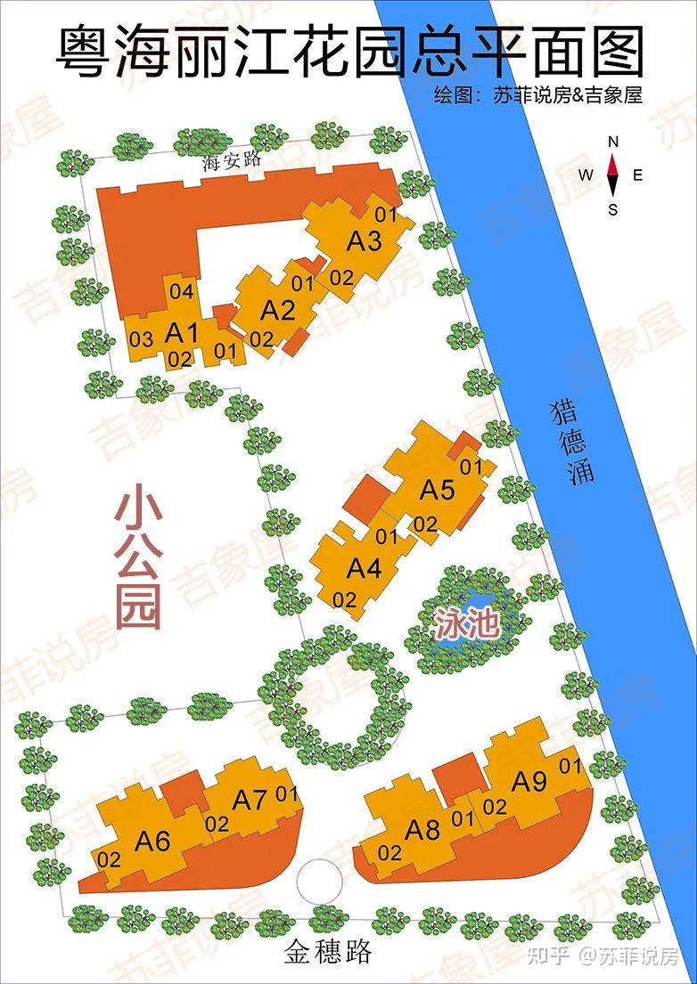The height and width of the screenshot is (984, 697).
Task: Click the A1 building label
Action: (182, 334)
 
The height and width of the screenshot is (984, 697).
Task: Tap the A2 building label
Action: (277, 311)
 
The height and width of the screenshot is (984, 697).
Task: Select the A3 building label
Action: (364, 240)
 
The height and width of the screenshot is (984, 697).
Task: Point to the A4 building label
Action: (364, 567)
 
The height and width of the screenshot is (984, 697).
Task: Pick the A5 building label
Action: (438, 489)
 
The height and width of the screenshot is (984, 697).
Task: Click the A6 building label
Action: (152, 840)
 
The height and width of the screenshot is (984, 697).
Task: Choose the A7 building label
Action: (250, 800)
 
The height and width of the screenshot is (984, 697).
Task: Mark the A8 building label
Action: (422, 830)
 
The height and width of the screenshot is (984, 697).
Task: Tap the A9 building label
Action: (529, 782)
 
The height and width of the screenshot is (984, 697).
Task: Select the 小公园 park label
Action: (138, 557)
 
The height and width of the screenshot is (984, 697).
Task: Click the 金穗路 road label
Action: (327, 954)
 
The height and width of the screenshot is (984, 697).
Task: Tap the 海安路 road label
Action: (231, 161)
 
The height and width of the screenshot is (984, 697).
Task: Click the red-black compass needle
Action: (613, 175)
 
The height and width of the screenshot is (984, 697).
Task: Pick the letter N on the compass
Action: (613, 142)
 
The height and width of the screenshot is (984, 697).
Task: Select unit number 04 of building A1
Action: (181, 291)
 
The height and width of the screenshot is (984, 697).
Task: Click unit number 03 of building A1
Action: (141, 338)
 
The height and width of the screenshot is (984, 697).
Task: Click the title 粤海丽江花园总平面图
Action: (348, 53)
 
